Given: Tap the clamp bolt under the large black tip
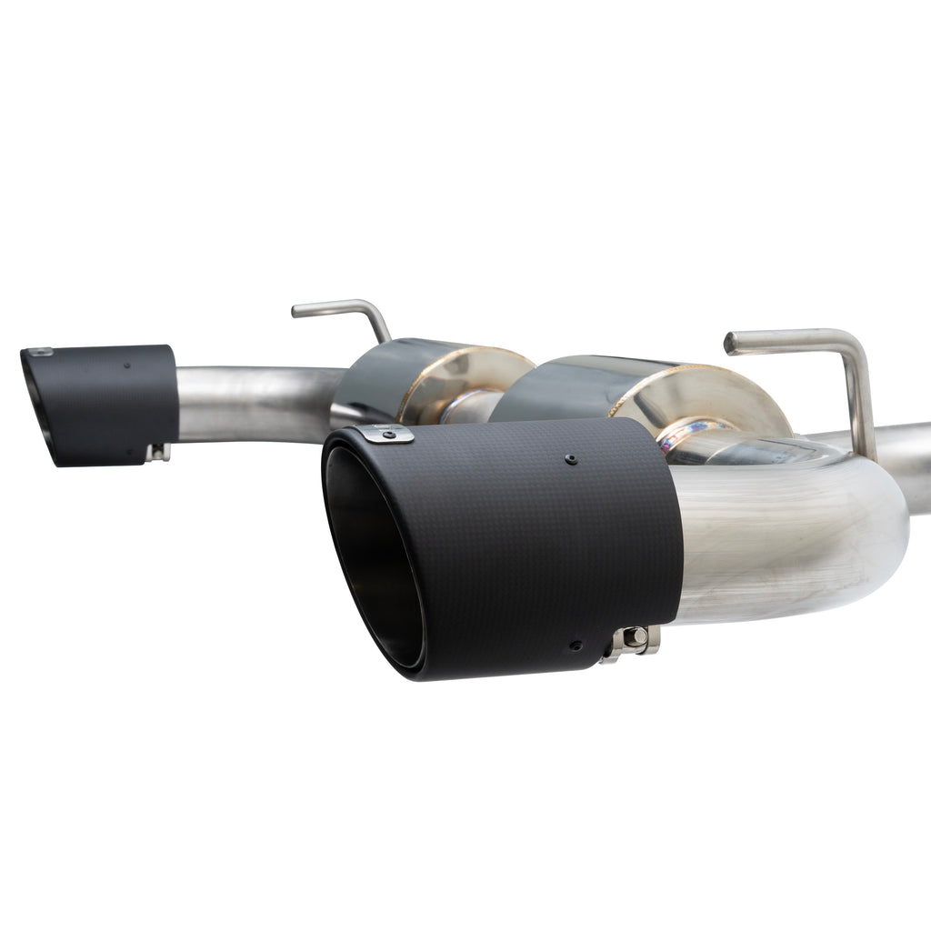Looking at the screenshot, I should coord(634,639).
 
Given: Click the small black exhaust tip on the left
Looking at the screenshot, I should coord(100,404).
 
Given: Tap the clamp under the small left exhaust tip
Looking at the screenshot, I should coord(159,451).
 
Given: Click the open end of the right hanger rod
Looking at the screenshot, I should coord(731,343).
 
